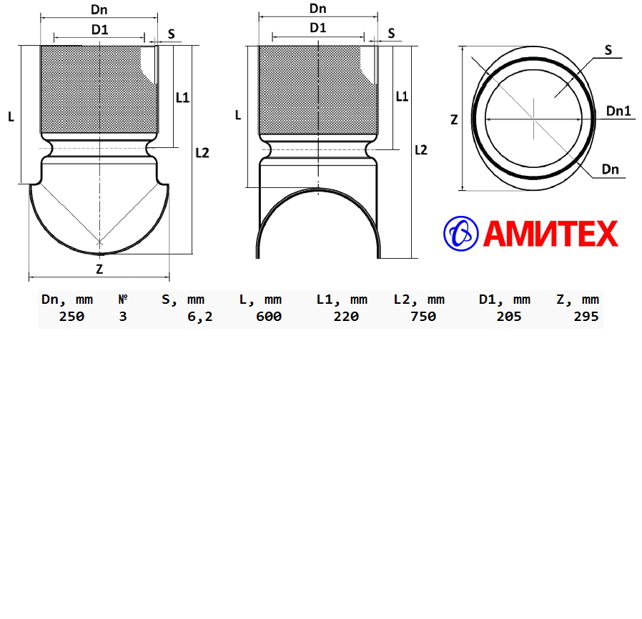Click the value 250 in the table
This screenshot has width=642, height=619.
point(71,317)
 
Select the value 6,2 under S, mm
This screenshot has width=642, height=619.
point(200,317)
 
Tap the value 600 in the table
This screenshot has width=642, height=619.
point(269,317)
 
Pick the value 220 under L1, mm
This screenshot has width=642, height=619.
point(346,317)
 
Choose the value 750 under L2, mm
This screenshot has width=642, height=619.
point(423,317)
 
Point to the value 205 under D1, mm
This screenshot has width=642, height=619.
point(509,317)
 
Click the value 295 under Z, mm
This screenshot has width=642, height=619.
point(586,317)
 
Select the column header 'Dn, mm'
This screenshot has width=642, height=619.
point(67,299)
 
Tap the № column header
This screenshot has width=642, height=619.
point(123,299)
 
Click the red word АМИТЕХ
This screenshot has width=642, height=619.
point(550,234)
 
